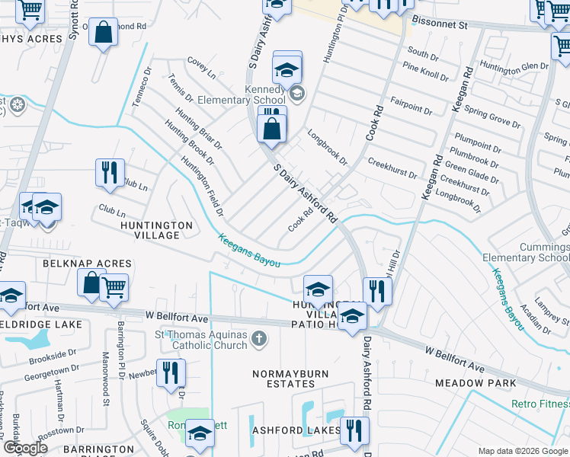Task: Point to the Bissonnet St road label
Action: click(440, 25)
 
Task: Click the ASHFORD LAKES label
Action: click(296, 431)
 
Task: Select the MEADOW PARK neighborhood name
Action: click(476, 382)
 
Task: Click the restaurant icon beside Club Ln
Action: click(110, 172)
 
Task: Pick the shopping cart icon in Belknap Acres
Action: click(114, 287)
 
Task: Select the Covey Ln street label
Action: click(202, 68)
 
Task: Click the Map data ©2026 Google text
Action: click(522, 451)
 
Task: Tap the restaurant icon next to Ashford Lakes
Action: click(354, 430)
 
